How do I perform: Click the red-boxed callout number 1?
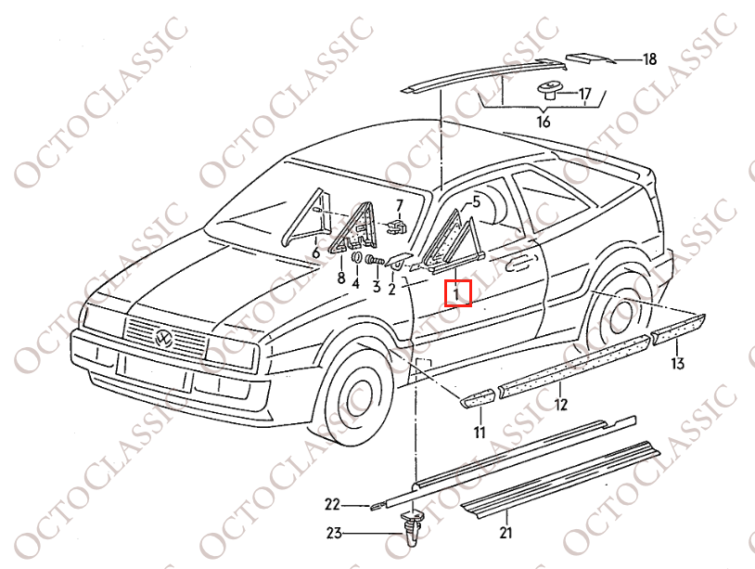pos(457,293)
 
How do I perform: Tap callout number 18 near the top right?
pos(649,59)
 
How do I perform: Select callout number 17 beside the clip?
pos(584,94)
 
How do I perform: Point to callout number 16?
pos(544,122)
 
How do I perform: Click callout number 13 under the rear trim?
pos(678,363)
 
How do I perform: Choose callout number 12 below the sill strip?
pos(560,404)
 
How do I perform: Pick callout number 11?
pos(480,433)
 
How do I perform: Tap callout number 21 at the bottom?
pos(505,533)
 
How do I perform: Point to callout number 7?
pos(400,205)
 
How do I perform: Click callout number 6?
pos(315,252)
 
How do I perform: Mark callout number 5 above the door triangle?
pos(476,200)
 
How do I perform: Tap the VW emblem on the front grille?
pos(164,339)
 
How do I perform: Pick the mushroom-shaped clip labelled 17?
pos(548,91)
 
